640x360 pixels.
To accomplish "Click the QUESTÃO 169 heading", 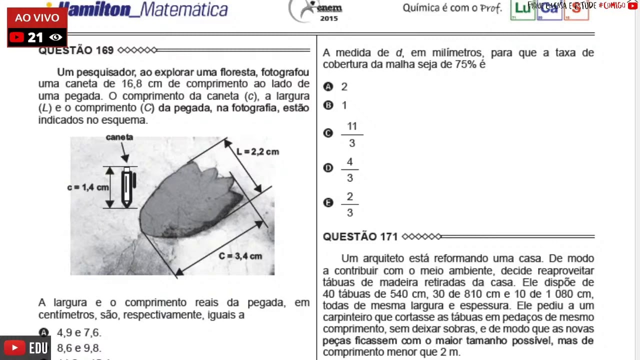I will click(76, 50).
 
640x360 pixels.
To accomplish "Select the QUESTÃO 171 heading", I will click(360, 236).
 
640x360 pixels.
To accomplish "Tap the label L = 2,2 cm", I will click(258, 151).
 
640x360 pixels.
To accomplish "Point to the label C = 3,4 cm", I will click(240, 256).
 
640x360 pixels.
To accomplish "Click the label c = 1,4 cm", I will click(87, 187).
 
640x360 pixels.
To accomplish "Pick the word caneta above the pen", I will click(119, 137).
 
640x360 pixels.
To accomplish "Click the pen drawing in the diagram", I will click(127, 187).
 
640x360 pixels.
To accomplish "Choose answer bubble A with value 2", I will click(328, 87).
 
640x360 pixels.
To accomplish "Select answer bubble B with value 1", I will click(328, 105).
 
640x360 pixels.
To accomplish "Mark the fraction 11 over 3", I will click(352, 134).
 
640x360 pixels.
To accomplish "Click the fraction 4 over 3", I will click(349, 170).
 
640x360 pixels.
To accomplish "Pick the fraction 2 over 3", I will click(349, 204).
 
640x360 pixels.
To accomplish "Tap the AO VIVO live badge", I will click(37, 18).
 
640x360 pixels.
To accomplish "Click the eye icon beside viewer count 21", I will click(56, 37).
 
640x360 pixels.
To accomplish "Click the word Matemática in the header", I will click(185, 9).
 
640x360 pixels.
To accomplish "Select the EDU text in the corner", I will click(38, 348).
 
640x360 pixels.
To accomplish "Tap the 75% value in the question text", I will click(465, 64).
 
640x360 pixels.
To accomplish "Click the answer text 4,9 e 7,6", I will click(79, 333).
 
